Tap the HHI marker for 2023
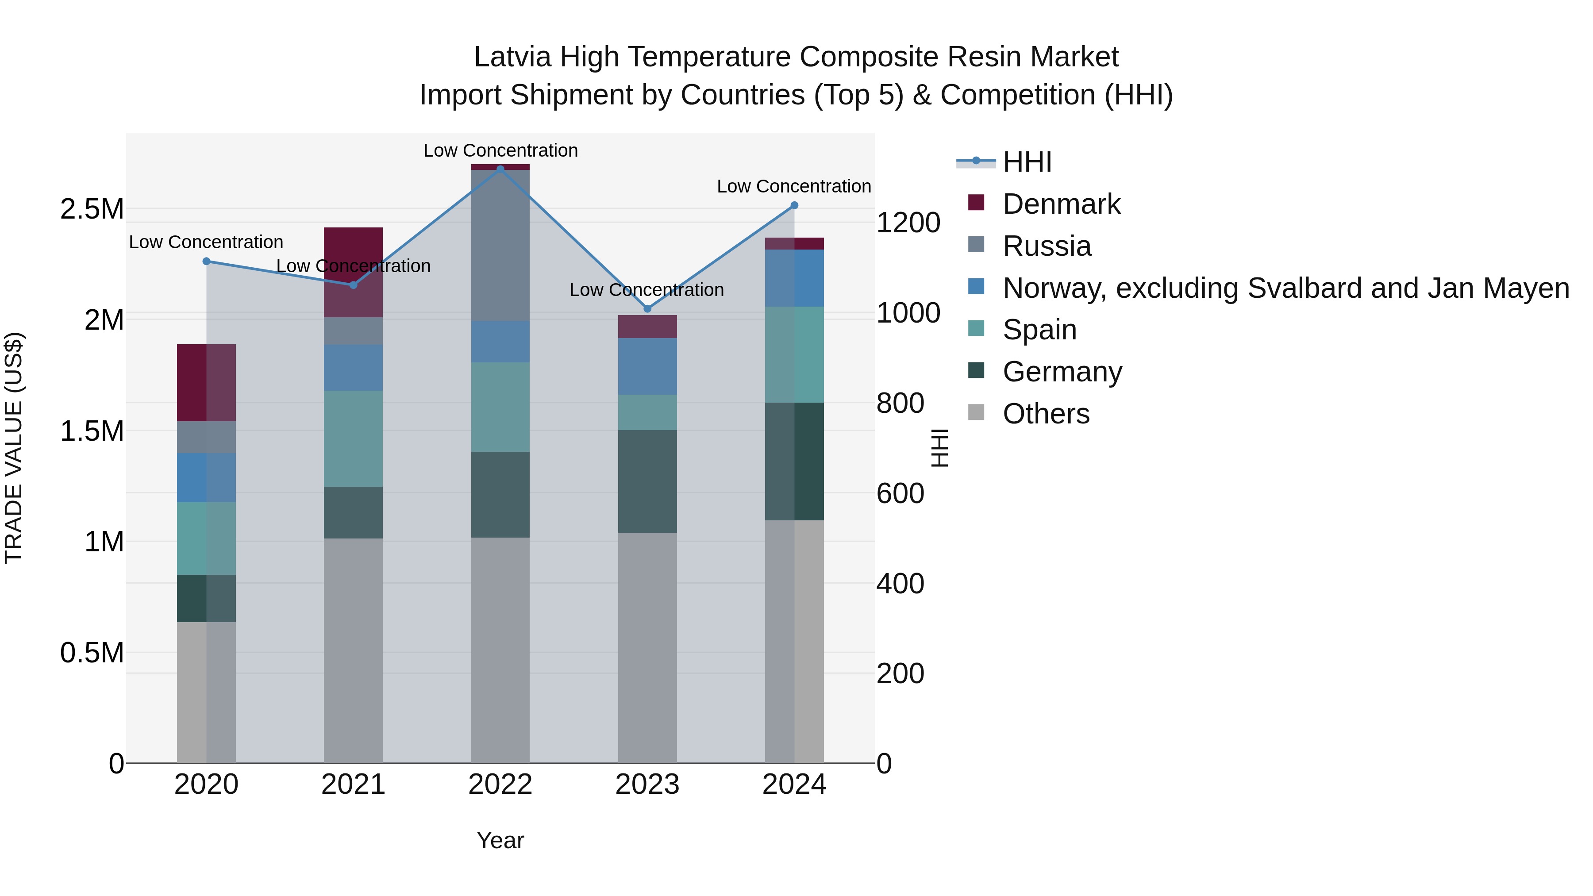coord(647,308)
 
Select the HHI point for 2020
coord(207,261)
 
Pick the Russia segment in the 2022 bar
coord(500,245)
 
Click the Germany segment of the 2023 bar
coord(647,481)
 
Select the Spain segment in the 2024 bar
coord(795,354)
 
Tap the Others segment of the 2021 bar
coord(353,649)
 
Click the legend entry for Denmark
coord(1061,204)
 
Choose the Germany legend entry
coord(1062,372)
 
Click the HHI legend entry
coord(1027,162)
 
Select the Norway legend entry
coord(1285,288)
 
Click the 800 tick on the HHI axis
coord(900,403)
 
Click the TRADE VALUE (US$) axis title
coord(14,448)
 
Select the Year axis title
coord(500,840)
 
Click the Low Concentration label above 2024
coord(793,186)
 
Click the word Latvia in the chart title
coord(512,57)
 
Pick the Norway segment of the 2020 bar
coord(207,477)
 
